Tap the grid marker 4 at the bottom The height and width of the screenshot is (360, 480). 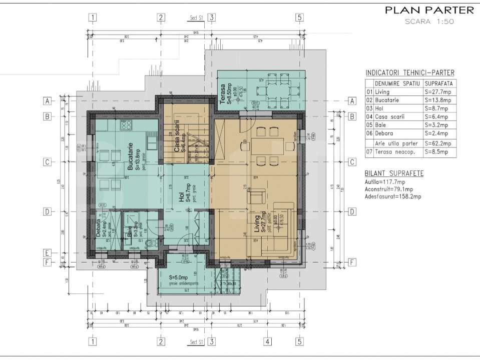tap(267, 342)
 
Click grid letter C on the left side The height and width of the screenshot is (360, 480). tap(47, 162)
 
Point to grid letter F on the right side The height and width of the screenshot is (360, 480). tap(352, 262)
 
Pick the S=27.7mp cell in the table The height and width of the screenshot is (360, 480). tap(438, 92)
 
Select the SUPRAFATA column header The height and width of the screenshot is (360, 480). tap(439, 83)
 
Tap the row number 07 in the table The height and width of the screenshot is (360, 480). tap(369, 151)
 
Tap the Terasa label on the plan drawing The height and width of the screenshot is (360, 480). tap(223, 94)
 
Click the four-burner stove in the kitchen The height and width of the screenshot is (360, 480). tap(125, 124)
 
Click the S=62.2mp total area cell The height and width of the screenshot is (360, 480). tap(438, 143)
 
